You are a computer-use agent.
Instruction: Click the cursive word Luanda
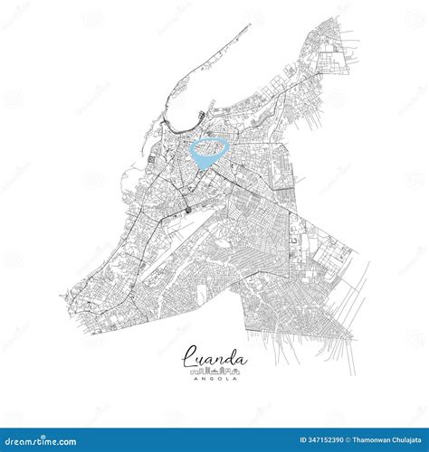point(214,359)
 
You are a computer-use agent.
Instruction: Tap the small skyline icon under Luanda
point(214,371)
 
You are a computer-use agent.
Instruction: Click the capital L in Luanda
point(189,358)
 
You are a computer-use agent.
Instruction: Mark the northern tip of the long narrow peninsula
point(250,25)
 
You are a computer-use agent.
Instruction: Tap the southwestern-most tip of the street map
point(63,298)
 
